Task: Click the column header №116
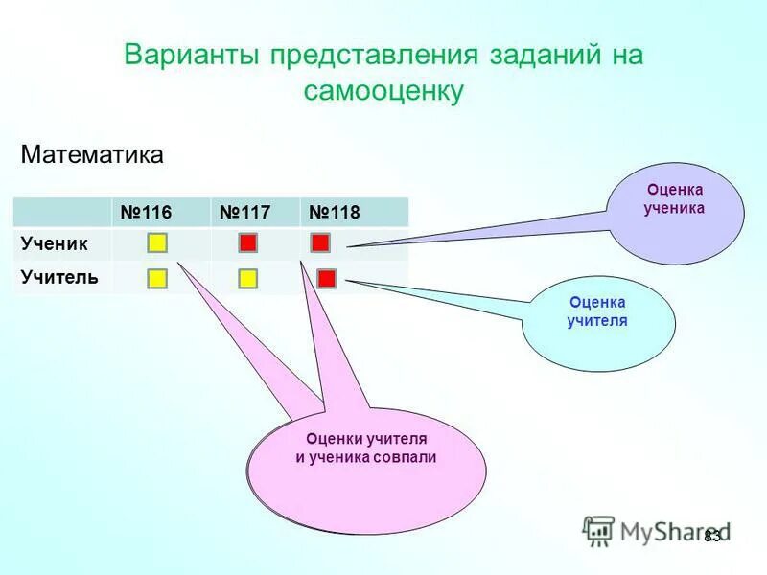point(144,212)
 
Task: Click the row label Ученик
point(55,243)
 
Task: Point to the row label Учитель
point(59,278)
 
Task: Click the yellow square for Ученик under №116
point(157,243)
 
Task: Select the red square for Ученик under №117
point(247,243)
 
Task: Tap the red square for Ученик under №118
point(320,242)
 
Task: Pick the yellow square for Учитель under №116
point(157,279)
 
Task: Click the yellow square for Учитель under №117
point(247,279)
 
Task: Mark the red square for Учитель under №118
point(326,279)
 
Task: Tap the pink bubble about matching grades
point(366,470)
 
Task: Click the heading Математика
point(92,154)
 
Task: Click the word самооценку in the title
point(383,91)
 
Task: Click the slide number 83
point(712,536)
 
